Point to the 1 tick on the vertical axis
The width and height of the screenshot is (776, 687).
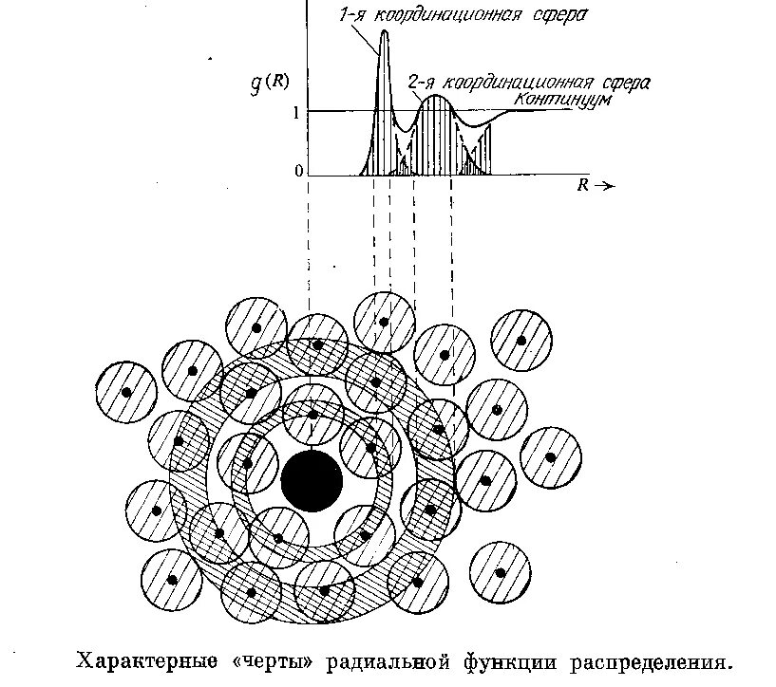[297, 112]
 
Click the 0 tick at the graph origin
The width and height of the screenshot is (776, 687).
[297, 172]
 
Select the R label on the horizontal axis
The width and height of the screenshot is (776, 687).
[582, 185]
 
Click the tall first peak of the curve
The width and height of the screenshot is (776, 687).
[385, 34]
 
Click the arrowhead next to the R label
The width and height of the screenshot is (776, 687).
[608, 185]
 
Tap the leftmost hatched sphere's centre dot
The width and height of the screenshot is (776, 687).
[126, 392]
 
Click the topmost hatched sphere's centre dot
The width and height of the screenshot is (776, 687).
[384, 322]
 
